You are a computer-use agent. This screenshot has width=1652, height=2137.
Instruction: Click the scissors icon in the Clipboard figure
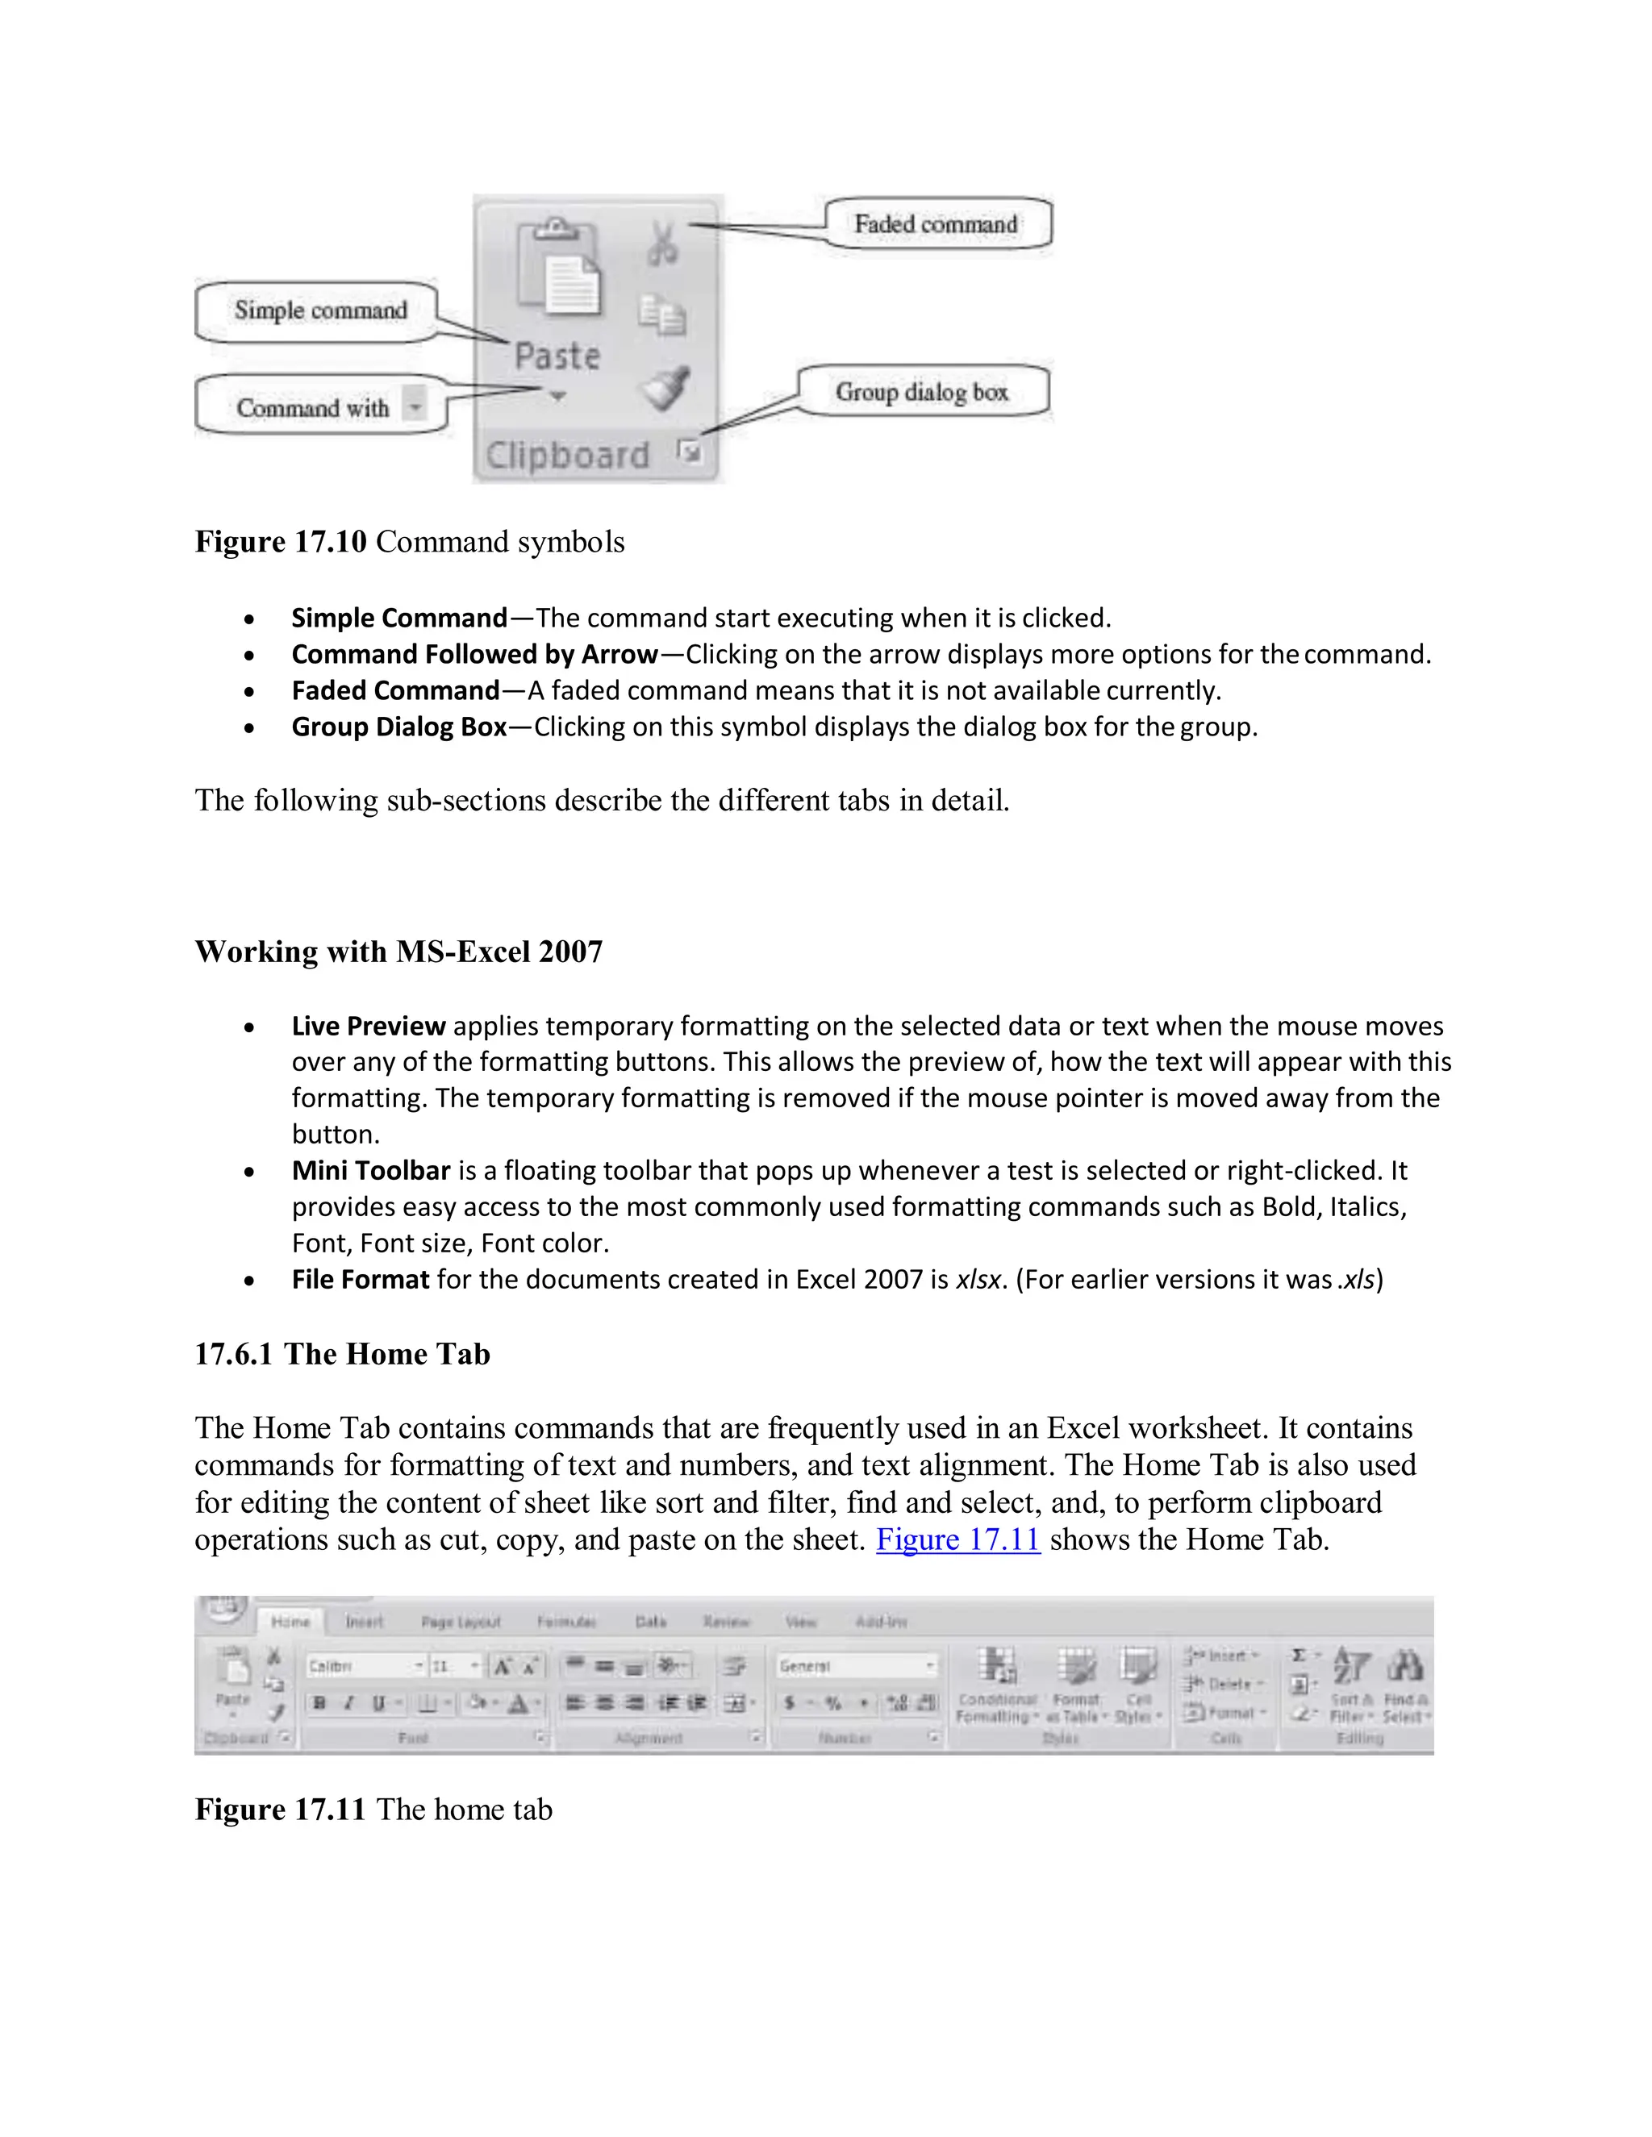pyautogui.click(x=662, y=244)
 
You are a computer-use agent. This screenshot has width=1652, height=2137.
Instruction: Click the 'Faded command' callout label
pyautogui.click(x=936, y=224)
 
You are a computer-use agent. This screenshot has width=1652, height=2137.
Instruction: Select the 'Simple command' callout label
pyautogui.click(x=320, y=310)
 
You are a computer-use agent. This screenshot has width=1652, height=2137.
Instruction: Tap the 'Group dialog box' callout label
pyautogui.click(x=921, y=391)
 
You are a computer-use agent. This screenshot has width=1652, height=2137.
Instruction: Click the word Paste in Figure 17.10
pyautogui.click(x=557, y=356)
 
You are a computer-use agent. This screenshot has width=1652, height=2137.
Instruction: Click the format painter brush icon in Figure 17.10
pyautogui.click(x=666, y=389)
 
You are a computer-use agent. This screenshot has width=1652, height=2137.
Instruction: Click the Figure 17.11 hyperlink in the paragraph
pyautogui.click(x=957, y=1539)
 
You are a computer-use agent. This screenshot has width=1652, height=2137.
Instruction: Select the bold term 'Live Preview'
pyautogui.click(x=368, y=1026)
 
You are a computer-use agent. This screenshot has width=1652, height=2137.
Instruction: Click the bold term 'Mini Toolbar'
pyautogui.click(x=370, y=1170)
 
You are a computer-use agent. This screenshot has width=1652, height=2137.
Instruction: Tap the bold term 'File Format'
pyautogui.click(x=360, y=1279)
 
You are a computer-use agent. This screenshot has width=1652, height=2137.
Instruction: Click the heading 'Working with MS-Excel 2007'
pyautogui.click(x=398, y=951)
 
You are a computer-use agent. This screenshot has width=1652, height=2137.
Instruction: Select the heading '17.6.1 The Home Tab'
pyautogui.click(x=341, y=1353)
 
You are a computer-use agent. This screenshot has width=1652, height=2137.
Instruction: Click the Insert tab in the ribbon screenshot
pyautogui.click(x=364, y=1622)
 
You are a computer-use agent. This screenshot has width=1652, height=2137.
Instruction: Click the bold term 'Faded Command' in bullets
pyautogui.click(x=395, y=691)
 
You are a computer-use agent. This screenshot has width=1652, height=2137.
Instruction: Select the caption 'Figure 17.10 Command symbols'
pyautogui.click(x=409, y=541)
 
